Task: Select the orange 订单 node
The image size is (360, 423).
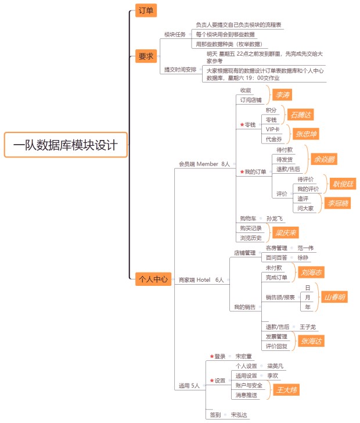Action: click(145, 10)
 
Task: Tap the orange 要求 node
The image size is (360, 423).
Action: click(146, 56)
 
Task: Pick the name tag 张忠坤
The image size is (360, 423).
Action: click(306, 134)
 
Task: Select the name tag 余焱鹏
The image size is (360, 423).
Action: click(323, 159)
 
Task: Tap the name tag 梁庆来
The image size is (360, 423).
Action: click(286, 232)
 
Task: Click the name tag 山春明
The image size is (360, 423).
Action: click(334, 297)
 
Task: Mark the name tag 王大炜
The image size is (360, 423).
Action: click(286, 390)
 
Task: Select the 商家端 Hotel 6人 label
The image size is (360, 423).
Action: click(201, 280)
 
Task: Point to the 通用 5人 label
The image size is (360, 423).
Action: click(189, 385)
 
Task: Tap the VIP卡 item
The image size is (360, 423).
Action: click(272, 129)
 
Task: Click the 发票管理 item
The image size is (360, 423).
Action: click(276, 336)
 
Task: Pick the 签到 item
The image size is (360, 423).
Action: click(215, 415)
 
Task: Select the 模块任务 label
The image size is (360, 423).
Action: click(175, 34)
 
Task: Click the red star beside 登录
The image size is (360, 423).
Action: click(211, 356)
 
